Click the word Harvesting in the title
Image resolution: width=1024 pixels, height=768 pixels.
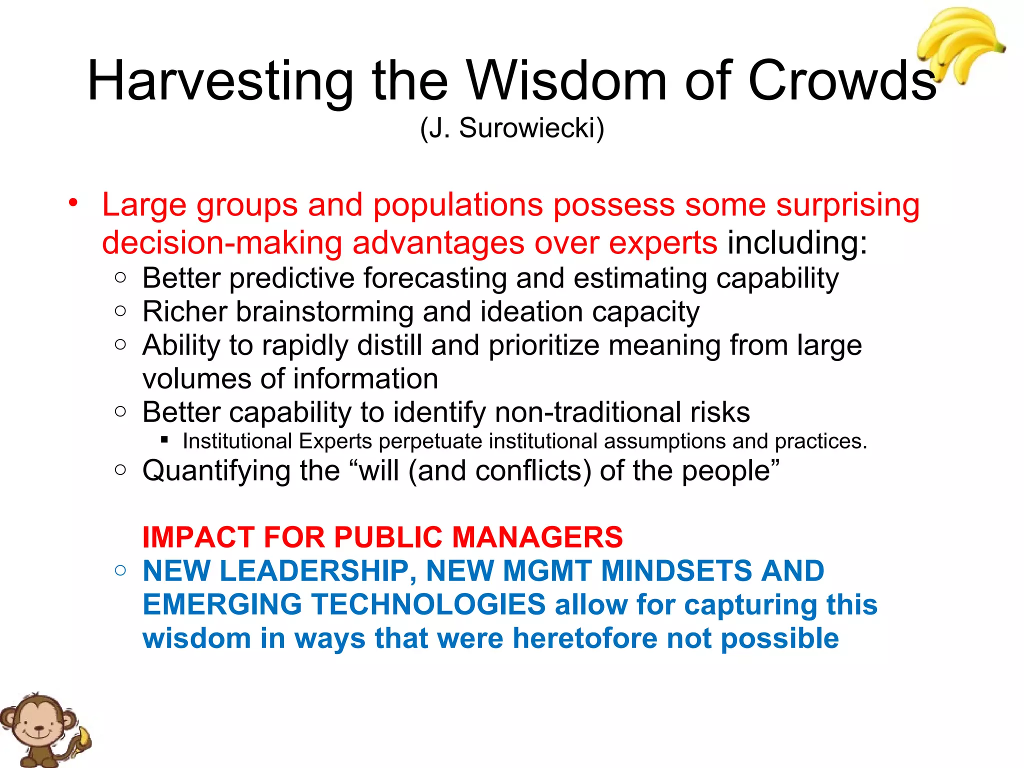[x=220, y=81]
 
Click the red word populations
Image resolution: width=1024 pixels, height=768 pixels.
[x=458, y=205]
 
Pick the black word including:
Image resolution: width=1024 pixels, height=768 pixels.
[x=797, y=243]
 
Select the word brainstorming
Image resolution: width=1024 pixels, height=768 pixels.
[x=325, y=312]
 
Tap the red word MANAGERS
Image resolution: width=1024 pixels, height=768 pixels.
[x=537, y=537]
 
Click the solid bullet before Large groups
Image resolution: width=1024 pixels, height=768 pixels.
[x=74, y=203]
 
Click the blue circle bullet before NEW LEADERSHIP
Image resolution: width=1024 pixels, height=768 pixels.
[x=120, y=570]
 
